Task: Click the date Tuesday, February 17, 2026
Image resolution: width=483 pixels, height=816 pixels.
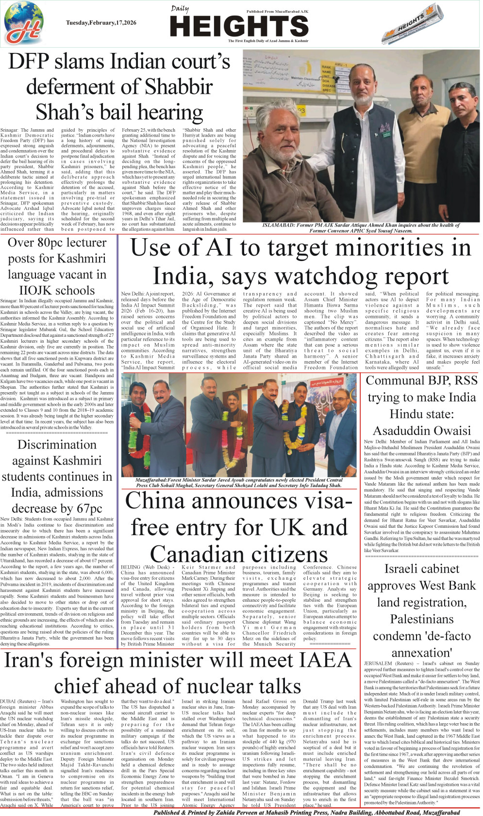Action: pyautogui.click(x=101, y=23)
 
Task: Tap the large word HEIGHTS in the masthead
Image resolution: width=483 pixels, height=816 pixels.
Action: pyautogui.click(x=239, y=26)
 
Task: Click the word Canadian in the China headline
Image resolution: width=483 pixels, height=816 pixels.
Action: pyautogui.click(x=239, y=554)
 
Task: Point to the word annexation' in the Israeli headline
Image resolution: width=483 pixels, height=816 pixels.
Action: pyautogui.click(x=421, y=653)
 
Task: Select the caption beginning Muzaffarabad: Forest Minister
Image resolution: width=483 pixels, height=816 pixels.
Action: pyautogui.click(x=239, y=482)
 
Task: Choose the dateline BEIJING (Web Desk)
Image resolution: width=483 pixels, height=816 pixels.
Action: pyautogui.click(x=145, y=567)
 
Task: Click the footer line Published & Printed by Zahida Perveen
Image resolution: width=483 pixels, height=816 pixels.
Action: pyautogui.click(x=306, y=812)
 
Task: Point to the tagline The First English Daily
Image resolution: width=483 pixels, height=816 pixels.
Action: pyautogui.click(x=268, y=41)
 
